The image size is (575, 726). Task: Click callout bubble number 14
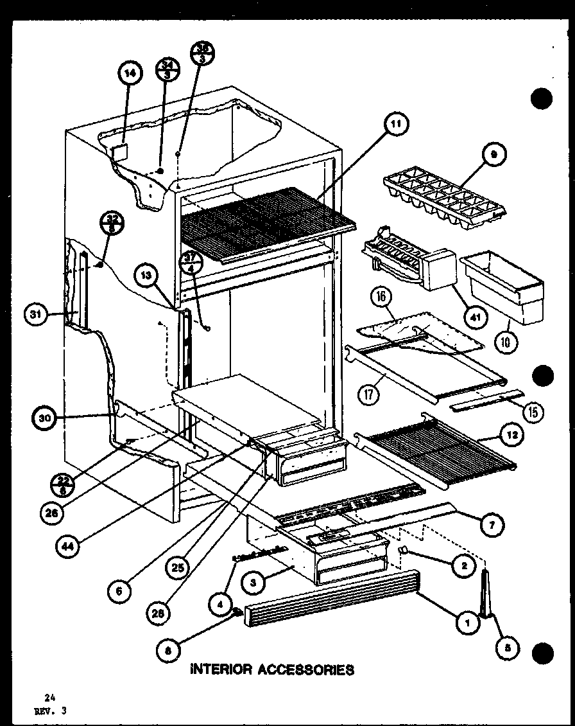(129, 73)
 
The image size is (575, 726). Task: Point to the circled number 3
(255, 583)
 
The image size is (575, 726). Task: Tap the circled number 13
(147, 276)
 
